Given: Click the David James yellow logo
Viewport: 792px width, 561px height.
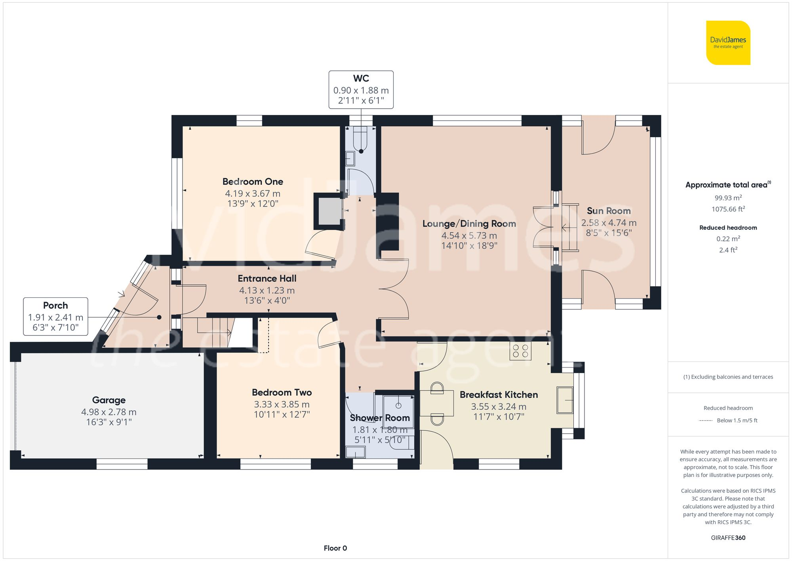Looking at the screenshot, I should pos(728,43).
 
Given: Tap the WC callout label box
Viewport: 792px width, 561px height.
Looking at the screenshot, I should pos(361,90).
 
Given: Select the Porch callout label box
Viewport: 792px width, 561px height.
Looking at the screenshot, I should pos(55,316).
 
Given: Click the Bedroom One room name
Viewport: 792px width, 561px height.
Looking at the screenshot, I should pos(253,182).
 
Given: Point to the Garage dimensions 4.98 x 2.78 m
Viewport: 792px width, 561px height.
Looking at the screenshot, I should pos(109,412).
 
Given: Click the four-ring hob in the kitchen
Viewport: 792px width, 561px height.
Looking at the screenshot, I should pos(520,351).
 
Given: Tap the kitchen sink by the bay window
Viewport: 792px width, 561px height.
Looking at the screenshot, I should pos(565,400).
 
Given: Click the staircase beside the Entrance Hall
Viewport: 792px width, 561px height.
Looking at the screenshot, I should pos(216,332).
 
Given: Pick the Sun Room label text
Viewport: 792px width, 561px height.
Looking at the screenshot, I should pos(609,211).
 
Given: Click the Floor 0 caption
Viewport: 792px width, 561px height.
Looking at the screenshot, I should pos(335,548).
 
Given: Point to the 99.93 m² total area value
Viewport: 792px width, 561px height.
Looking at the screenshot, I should pos(728,197).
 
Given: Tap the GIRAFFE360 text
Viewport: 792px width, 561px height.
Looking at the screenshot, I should pos(728,538).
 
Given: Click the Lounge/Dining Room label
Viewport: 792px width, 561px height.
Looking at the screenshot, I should pos(469,224).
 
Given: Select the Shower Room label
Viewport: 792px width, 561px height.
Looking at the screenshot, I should pos(379,418).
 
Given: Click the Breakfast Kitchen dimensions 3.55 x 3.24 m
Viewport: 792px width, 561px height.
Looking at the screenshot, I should pos(498,407).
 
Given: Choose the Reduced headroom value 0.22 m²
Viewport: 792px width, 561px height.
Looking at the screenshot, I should pos(728,239).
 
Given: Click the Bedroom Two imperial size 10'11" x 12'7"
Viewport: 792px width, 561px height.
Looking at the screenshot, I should pos(282,415).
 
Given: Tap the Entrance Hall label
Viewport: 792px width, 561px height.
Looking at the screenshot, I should pos(267,278).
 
